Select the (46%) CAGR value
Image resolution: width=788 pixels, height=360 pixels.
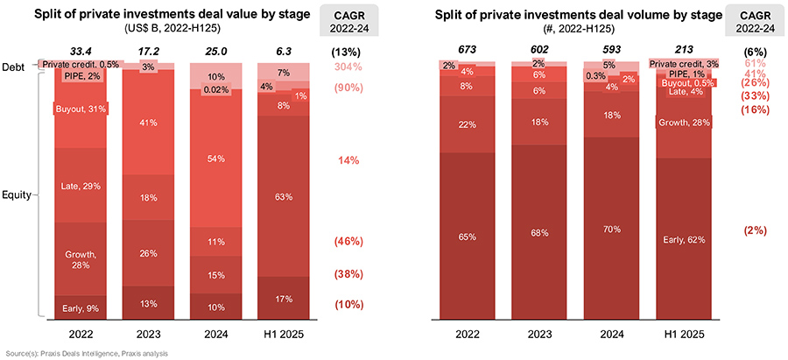click(x=349, y=241)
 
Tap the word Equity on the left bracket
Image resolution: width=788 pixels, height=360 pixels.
click(x=18, y=195)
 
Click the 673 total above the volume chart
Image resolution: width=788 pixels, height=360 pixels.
click(x=474, y=51)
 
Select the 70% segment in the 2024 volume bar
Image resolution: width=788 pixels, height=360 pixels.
click(x=611, y=229)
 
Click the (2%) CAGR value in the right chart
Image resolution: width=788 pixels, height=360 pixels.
click(x=754, y=230)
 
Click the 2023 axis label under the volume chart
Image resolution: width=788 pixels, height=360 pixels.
click(x=543, y=334)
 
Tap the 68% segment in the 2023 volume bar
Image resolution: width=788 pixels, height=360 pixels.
click(x=543, y=232)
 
